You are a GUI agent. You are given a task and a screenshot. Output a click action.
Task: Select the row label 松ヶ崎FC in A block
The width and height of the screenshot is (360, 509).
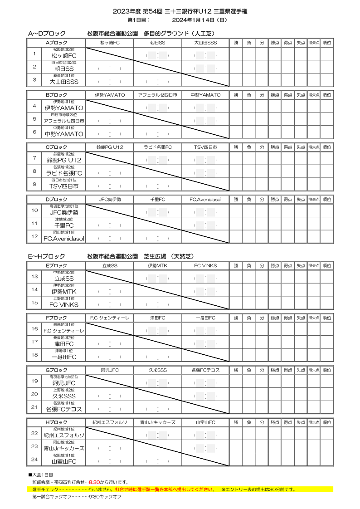tap(63, 56)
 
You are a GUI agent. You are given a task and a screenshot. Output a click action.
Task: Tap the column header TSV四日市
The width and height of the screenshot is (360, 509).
tap(205, 147)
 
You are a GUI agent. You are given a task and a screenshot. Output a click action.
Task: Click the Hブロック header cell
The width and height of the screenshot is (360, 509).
tap(56, 422)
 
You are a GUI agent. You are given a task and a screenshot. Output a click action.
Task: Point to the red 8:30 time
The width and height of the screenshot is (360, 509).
tap(94, 482)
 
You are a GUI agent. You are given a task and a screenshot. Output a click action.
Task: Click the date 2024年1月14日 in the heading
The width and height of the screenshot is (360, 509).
tap(199, 20)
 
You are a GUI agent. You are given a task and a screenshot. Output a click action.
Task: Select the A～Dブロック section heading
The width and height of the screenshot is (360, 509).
tap(47, 34)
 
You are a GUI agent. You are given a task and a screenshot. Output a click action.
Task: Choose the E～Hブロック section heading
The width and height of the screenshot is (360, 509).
tap(47, 256)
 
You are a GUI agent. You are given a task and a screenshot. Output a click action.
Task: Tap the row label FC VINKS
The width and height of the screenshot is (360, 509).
tap(63, 305)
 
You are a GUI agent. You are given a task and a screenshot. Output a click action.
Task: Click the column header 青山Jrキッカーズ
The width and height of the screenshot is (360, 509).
tap(157, 422)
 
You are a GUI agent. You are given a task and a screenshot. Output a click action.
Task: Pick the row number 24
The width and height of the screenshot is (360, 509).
tap(34, 459)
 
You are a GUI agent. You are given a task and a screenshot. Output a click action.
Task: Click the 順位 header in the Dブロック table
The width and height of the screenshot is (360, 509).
tap(326, 200)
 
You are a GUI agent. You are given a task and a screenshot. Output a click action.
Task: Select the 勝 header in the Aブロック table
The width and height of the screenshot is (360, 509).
tap(236, 43)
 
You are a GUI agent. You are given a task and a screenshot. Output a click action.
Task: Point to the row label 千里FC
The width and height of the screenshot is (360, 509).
tap(63, 225)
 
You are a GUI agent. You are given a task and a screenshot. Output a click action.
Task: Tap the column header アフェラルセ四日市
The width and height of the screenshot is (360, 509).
tap(157, 95)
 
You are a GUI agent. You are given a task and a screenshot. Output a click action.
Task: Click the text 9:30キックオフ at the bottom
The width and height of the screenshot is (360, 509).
tap(105, 497)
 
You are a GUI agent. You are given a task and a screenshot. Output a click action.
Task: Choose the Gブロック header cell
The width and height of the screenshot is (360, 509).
tap(56, 370)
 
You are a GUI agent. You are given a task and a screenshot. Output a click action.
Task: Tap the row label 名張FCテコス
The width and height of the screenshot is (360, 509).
tap(63, 409)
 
